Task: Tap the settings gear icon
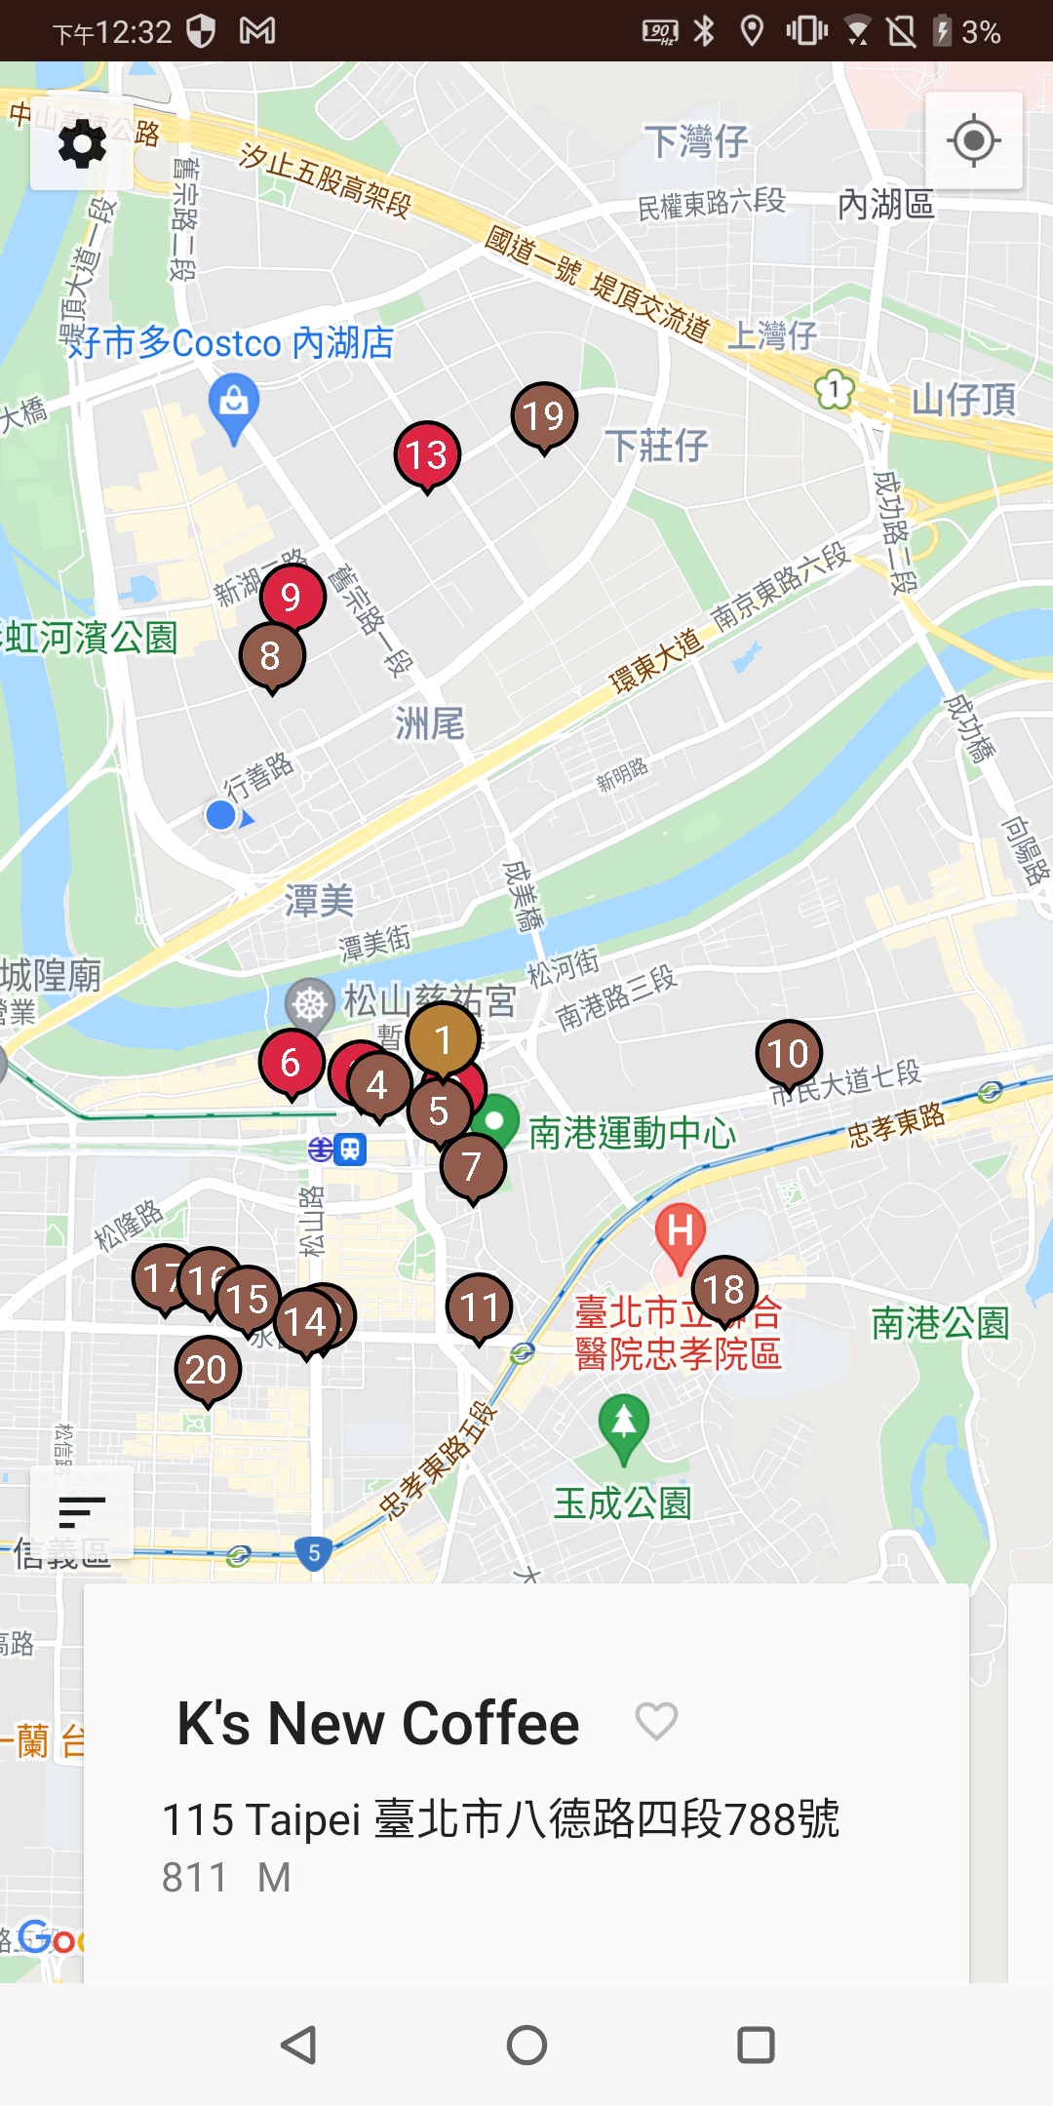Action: (x=82, y=144)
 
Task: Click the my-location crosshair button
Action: (x=973, y=141)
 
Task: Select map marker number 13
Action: (x=427, y=454)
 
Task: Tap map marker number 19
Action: (x=544, y=415)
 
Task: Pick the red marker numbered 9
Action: (x=292, y=596)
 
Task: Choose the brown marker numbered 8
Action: (x=271, y=655)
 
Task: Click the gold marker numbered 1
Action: (x=443, y=1039)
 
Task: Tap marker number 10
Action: (x=788, y=1053)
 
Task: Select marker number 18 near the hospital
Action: (x=724, y=1289)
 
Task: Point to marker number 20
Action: (x=207, y=1370)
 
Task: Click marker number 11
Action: (x=479, y=1306)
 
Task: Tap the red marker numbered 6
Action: (x=291, y=1062)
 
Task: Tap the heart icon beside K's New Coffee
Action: (x=656, y=1721)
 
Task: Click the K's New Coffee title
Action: (x=378, y=1723)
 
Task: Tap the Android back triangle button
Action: (x=298, y=2045)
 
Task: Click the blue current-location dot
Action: (x=221, y=815)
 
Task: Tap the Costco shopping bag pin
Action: (x=234, y=402)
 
